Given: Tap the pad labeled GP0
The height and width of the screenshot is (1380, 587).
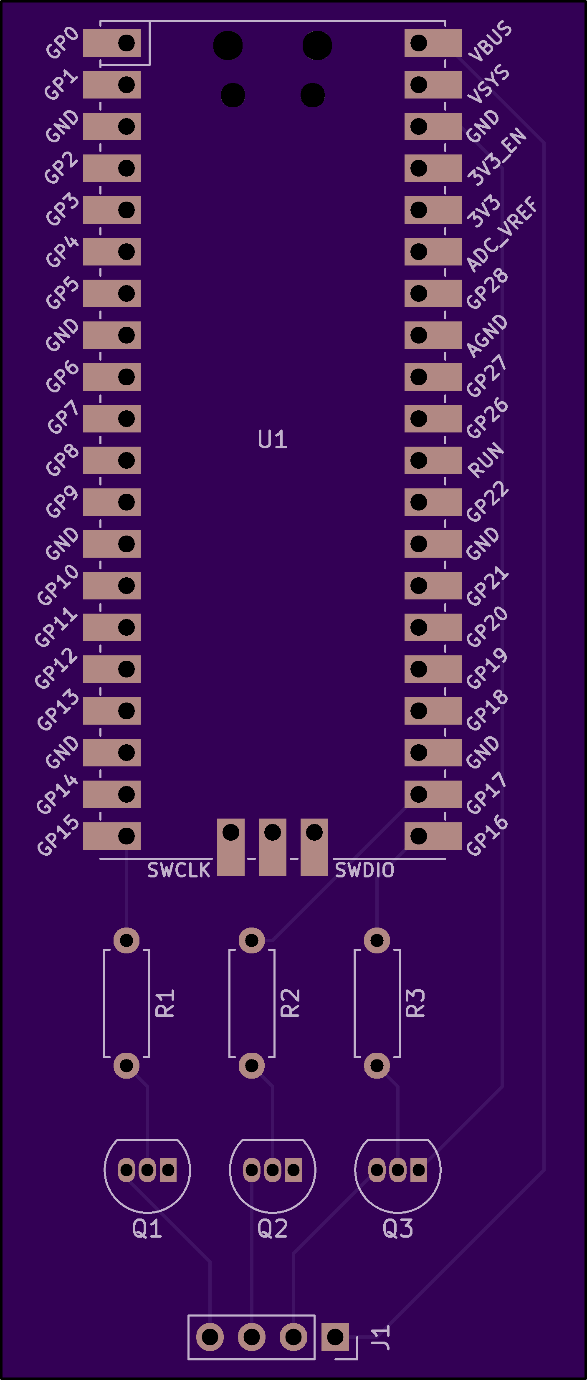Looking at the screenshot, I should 112,43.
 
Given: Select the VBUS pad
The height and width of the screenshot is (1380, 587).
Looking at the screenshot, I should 433,43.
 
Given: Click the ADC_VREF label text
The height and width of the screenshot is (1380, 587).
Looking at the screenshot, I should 501,234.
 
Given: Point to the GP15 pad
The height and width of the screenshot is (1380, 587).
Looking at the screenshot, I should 112,836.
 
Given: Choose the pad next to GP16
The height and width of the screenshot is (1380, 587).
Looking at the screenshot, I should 433,836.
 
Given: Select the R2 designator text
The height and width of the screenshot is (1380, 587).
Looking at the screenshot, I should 290,1003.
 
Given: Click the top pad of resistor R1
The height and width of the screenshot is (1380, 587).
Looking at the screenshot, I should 127,940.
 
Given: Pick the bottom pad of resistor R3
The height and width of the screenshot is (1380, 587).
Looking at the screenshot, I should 377,1066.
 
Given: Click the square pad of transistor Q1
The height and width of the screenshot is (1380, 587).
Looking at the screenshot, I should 168,1170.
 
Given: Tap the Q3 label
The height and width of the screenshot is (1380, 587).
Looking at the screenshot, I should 397,1228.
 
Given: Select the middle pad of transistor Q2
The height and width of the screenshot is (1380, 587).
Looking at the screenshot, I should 272,1170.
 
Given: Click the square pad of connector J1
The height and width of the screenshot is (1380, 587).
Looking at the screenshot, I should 335,1337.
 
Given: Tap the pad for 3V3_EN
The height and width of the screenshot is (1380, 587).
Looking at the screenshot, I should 433,168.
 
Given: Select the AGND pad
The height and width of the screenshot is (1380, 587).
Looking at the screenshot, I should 433,335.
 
